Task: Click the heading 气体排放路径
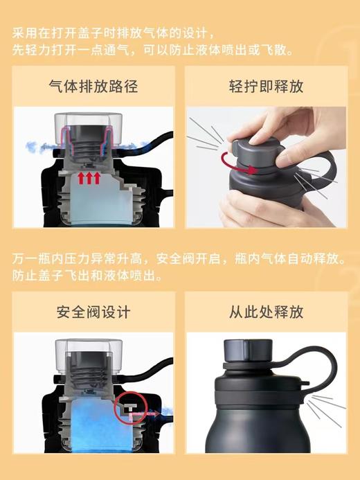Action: tap(93, 86)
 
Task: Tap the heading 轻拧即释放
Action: tap(267, 86)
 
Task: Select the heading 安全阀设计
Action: tap(93, 312)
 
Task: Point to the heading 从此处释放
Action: tap(267, 312)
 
